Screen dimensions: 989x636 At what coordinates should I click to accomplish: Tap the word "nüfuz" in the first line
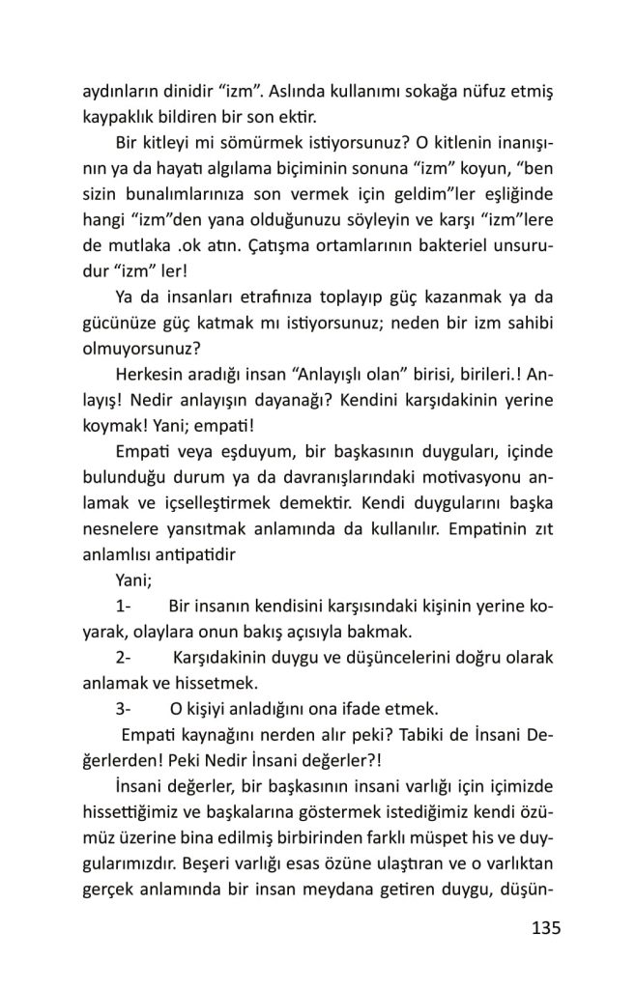click(x=454, y=96)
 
